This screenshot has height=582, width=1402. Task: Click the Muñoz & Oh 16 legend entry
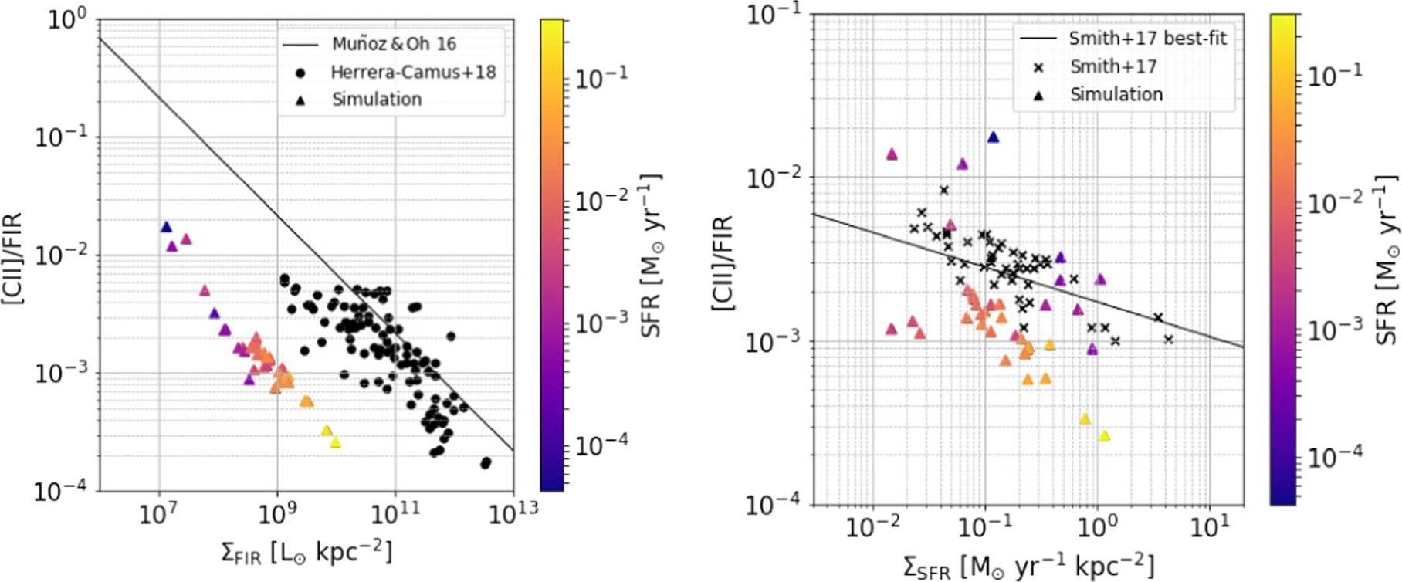click(394, 44)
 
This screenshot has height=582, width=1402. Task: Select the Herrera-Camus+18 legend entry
click(413, 73)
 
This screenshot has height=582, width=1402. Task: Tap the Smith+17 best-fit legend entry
click(1147, 39)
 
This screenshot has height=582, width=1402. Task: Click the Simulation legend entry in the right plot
click(1116, 95)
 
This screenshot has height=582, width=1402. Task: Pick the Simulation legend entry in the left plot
click(377, 100)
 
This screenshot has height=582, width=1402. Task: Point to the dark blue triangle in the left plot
click(166, 227)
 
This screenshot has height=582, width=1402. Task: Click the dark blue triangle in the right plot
click(994, 137)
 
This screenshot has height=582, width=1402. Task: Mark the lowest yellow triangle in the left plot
click(335, 442)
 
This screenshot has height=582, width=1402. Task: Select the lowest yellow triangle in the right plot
click(1105, 436)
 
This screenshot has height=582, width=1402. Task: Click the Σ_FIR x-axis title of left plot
click(306, 553)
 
